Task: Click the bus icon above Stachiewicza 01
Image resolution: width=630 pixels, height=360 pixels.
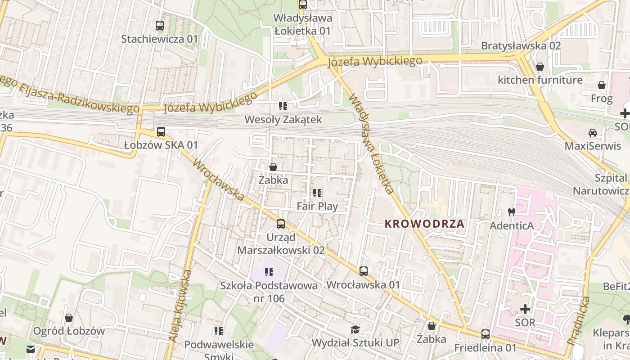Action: click(160, 26)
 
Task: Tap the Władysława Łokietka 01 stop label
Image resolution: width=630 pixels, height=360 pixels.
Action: click(303, 25)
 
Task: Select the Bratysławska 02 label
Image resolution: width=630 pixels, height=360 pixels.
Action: click(521, 45)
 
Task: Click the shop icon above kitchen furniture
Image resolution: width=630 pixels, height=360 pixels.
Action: click(540, 67)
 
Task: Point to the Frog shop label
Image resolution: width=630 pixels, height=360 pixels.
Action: click(602, 99)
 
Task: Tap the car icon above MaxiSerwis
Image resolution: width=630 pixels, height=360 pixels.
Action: click(593, 133)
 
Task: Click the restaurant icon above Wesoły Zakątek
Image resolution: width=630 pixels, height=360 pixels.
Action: click(283, 106)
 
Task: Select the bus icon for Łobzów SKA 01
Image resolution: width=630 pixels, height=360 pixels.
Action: click(161, 132)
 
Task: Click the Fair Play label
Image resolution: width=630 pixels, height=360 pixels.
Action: click(317, 206)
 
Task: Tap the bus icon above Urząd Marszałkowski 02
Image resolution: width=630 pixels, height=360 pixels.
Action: click(281, 224)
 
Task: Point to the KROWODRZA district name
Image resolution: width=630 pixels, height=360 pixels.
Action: click(424, 224)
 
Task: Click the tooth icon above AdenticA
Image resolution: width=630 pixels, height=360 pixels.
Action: click(511, 212)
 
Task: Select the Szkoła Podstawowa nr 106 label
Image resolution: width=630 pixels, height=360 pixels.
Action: click(269, 292)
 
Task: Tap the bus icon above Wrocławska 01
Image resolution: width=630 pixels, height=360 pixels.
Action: click(363, 271)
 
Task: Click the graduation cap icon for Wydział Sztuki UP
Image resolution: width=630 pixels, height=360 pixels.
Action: click(355, 329)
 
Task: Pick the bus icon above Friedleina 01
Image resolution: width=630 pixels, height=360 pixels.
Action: click(485, 334)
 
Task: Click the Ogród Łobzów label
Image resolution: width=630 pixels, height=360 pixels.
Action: click(69, 331)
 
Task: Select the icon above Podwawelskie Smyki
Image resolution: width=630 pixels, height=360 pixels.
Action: click(219, 332)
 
